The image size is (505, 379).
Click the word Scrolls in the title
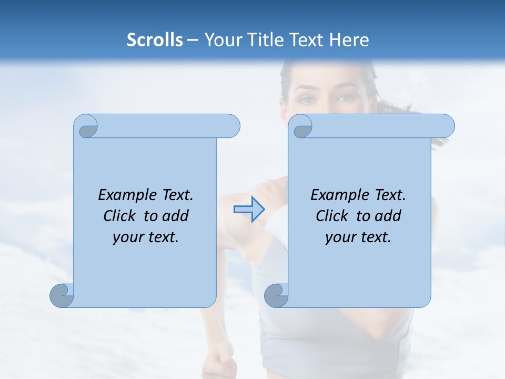pos(155,40)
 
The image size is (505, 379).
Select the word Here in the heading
pos(349,40)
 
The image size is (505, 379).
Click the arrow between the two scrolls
pos(249,210)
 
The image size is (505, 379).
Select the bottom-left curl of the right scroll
pos(277,296)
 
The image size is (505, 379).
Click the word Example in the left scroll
pos(123,195)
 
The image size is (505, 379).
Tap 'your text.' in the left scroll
pos(146,237)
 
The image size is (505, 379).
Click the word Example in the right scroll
pos(336,195)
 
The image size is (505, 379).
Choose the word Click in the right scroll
pos(332,216)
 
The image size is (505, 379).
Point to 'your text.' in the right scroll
pos(358,237)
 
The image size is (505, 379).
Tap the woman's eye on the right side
pos(346,98)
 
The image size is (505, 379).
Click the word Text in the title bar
pos(308,40)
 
